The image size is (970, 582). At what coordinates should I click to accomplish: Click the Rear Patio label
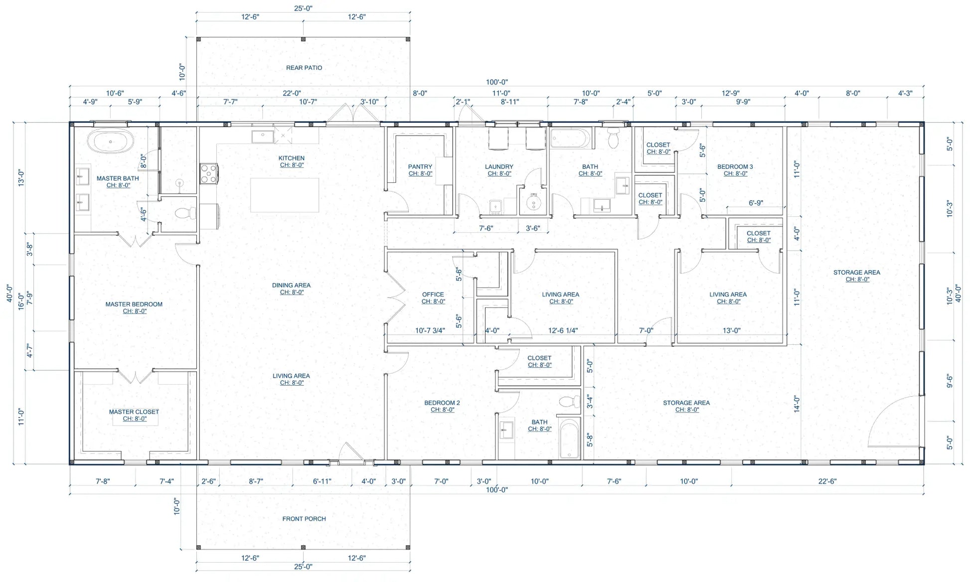pos(304,68)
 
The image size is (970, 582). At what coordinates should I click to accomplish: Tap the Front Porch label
pos(304,519)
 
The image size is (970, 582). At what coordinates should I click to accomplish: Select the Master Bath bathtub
pos(111,141)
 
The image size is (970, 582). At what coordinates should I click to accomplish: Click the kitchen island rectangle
pos(285,195)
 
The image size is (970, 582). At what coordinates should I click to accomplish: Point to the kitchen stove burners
pos(208,173)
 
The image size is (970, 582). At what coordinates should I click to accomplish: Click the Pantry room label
pos(420,167)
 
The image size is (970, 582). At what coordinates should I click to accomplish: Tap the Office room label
pos(433,294)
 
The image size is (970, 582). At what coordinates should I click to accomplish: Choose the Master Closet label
pos(134,412)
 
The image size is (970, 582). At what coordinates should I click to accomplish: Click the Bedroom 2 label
pos(442,403)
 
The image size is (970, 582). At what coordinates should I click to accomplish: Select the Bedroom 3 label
pos(735,167)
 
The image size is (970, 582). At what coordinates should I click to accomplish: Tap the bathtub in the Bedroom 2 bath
pos(570,438)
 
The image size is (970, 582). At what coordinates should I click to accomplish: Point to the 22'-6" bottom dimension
pos(827,481)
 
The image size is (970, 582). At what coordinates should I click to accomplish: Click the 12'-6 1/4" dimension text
pos(563,330)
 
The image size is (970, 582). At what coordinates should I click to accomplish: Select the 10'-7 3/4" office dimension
pos(430,330)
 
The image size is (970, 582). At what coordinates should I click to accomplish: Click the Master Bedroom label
pos(134,304)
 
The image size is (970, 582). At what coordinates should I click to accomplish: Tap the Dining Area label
pos(291,286)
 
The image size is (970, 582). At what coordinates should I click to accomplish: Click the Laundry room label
pos(499,167)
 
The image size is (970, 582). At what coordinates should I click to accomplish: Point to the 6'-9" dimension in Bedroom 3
pos(756,203)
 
